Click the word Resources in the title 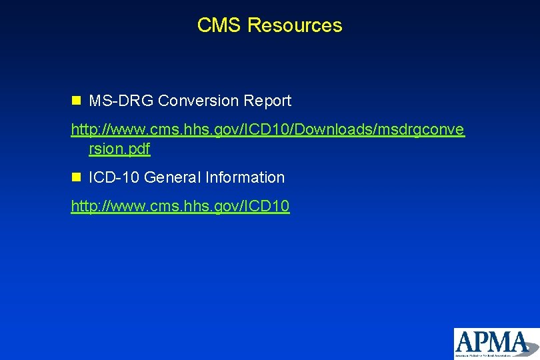[x=295, y=25]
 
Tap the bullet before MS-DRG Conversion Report [x=76, y=101]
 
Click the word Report [x=268, y=101]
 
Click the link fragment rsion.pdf [x=119, y=149]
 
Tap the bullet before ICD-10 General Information [x=76, y=177]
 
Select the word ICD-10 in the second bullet [x=114, y=177]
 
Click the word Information [x=245, y=177]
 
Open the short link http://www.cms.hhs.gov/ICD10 [x=180, y=207]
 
